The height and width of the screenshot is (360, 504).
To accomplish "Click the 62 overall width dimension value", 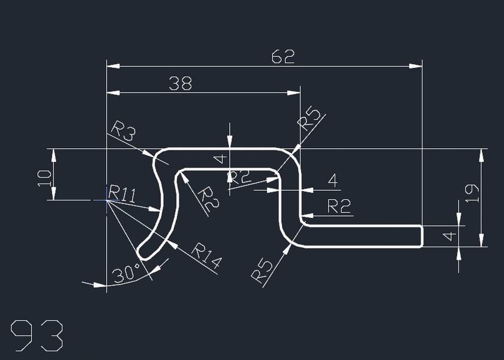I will pyautogui.click(x=283, y=57).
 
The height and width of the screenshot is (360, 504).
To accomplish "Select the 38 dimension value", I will pyautogui.click(x=180, y=84).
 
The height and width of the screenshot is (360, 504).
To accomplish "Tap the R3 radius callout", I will pyautogui.click(x=123, y=131).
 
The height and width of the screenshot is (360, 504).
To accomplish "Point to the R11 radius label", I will pyautogui.click(x=122, y=194).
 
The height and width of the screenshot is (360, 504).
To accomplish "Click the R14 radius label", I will pyautogui.click(x=206, y=256).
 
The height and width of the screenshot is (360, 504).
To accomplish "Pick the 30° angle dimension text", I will pyautogui.click(x=126, y=275).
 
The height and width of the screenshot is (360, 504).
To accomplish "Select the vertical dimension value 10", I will pyautogui.click(x=44, y=178).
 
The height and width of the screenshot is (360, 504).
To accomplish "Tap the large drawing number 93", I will pyautogui.click(x=37, y=336).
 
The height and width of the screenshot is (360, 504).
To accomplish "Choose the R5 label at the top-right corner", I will pyautogui.click(x=310, y=118).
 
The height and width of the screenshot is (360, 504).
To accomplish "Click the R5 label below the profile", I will pyautogui.click(x=262, y=271).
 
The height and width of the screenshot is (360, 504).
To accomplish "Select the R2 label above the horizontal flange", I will pyautogui.click(x=339, y=206).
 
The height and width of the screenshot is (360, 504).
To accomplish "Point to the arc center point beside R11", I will pyautogui.click(x=107, y=200).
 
